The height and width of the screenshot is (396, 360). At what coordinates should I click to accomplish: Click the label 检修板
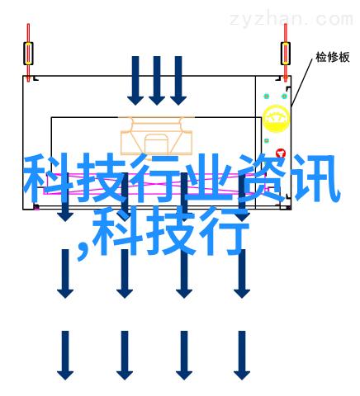click(333, 57)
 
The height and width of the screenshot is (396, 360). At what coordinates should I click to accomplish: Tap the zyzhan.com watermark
click(291, 20)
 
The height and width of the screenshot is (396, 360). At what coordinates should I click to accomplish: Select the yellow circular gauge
click(276, 119)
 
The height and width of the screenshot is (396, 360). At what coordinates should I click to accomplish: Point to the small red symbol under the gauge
click(281, 153)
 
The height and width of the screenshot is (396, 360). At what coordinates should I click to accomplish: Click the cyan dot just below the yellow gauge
click(267, 141)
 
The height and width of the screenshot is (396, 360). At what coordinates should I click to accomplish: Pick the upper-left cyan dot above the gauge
click(266, 97)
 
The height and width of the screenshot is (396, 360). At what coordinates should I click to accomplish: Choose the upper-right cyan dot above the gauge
click(284, 97)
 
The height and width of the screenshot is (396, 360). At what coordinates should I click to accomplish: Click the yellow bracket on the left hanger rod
click(28, 54)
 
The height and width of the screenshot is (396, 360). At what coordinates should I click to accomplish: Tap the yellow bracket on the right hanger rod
click(286, 54)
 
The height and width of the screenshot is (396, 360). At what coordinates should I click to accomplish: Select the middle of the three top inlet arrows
click(157, 81)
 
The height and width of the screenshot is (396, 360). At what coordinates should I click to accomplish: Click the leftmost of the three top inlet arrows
click(135, 81)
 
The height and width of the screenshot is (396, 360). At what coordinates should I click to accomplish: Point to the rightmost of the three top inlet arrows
click(178, 81)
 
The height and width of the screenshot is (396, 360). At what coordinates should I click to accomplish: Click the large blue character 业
click(209, 179)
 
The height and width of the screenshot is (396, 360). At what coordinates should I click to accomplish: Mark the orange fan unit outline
click(157, 135)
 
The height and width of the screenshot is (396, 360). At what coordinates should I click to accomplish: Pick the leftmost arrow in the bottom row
click(65, 356)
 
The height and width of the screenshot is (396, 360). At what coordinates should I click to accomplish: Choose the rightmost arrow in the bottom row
click(242, 356)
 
